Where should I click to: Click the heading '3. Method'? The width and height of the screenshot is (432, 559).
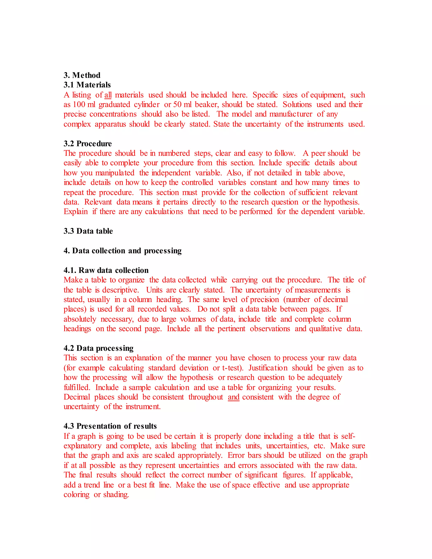[82, 75]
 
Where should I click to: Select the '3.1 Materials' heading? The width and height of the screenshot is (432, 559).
[87, 85]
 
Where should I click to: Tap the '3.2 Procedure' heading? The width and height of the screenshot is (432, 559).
[88, 144]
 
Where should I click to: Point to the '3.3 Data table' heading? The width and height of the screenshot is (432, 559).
[88, 231]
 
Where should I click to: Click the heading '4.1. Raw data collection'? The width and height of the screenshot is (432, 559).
[106, 270]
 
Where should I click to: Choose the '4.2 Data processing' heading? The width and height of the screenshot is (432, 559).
[98, 348]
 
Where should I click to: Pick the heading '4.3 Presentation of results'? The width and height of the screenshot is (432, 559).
[110, 426]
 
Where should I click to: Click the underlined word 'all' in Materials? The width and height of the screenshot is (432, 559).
[108, 95]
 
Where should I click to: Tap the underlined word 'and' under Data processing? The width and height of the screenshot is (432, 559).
[234, 397]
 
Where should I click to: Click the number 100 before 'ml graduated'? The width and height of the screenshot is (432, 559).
[79, 105]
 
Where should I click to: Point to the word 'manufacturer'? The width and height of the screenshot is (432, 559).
[291, 114]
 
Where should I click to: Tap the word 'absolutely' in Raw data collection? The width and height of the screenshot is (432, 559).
[80, 319]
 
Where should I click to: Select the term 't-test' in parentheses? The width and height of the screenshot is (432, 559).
[231, 368]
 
